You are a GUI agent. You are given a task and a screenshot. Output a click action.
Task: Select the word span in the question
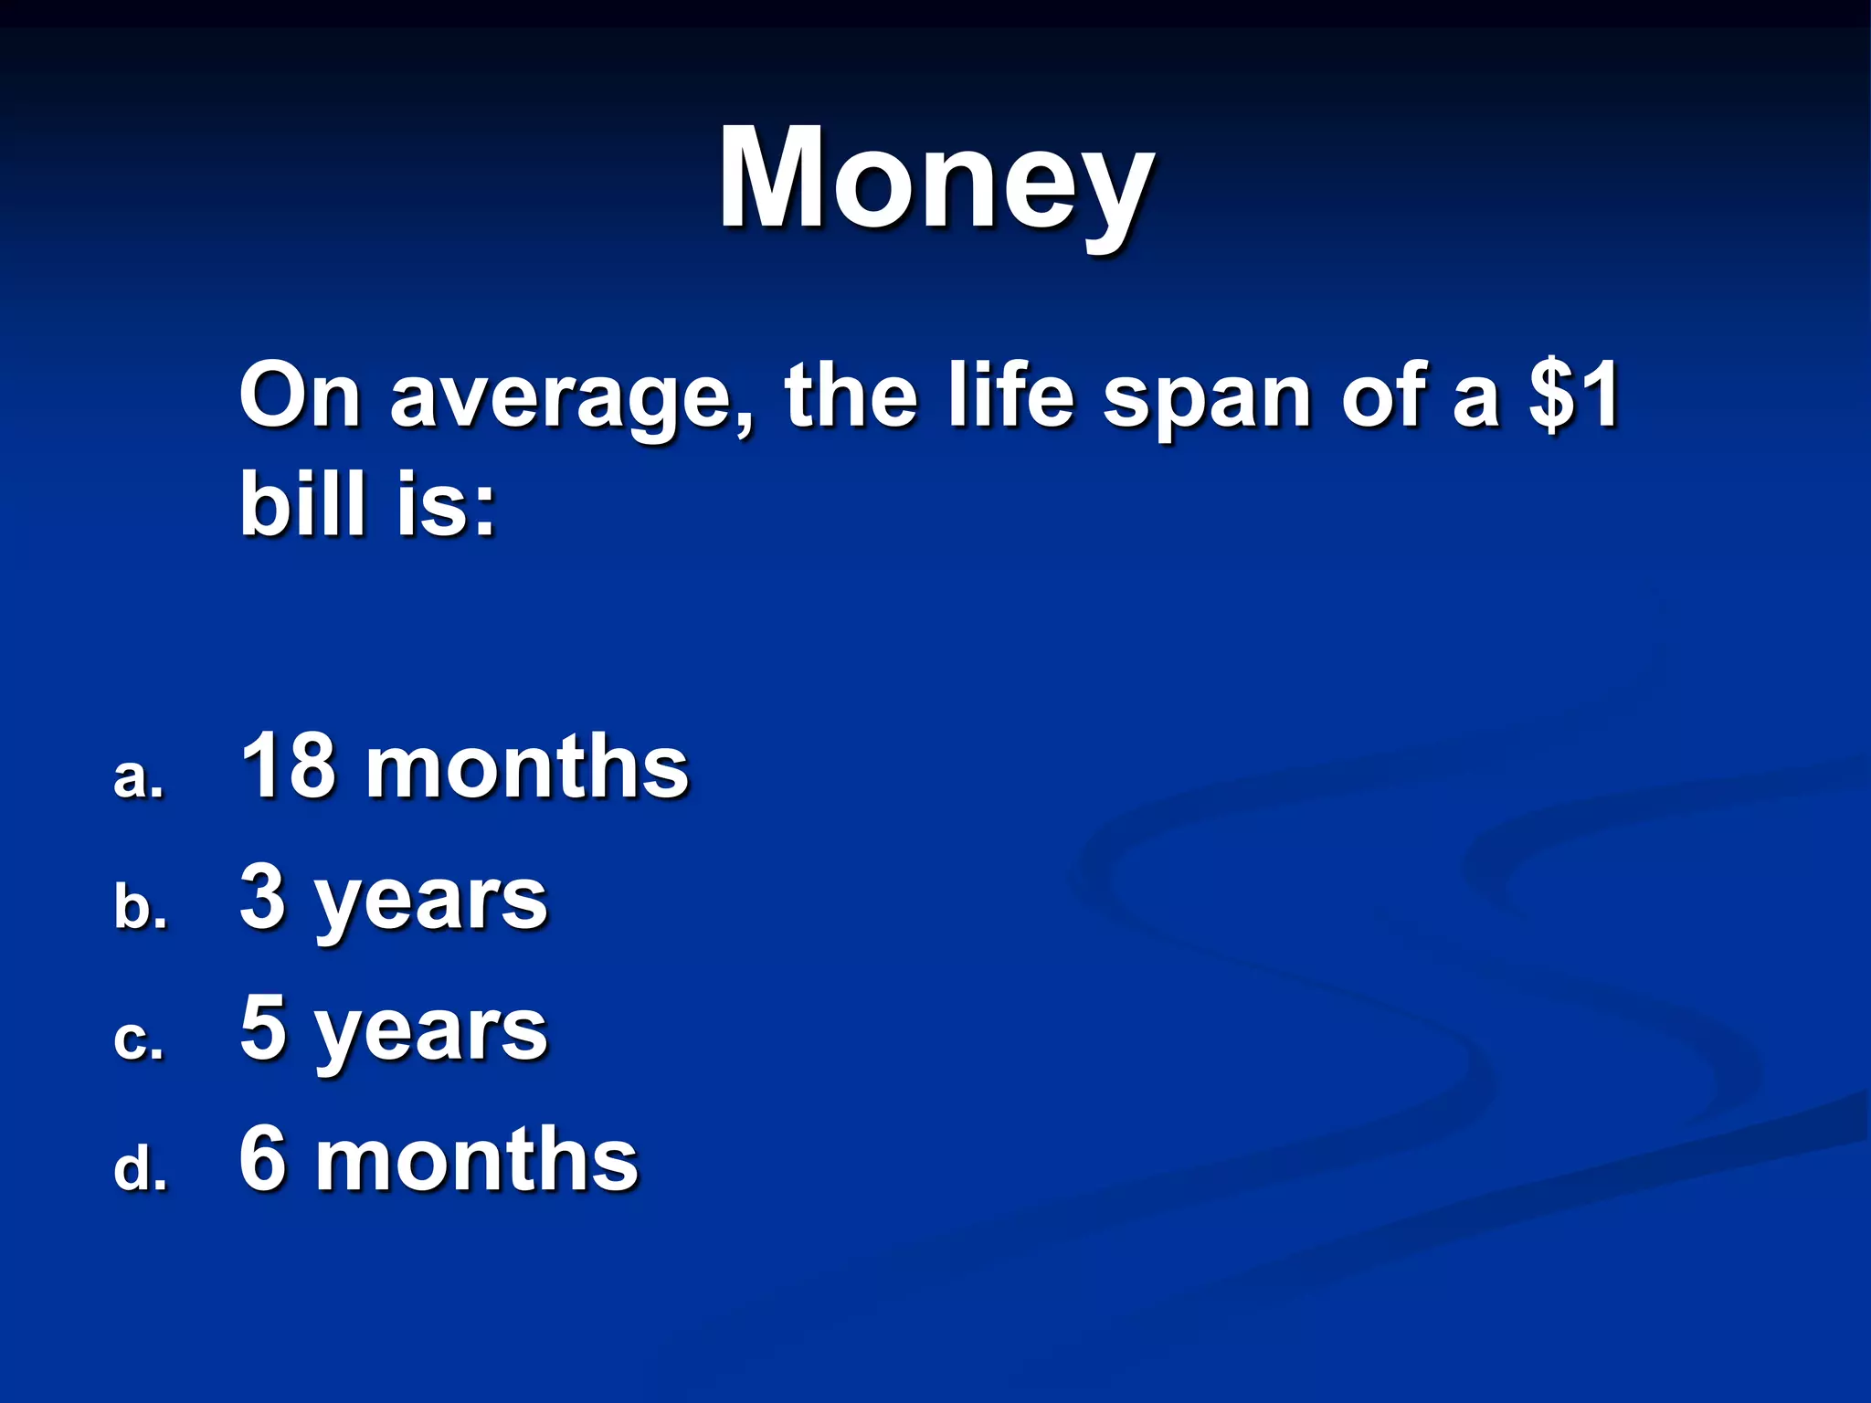coord(1206,398)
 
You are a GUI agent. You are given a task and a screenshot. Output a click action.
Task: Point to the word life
coord(1009,395)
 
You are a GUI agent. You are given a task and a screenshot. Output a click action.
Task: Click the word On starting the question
coord(300,395)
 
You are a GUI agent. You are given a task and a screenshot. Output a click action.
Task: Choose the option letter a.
coord(138,778)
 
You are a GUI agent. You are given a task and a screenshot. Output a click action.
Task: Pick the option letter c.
coord(138,1039)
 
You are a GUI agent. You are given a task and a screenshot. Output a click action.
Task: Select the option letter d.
coord(140,1169)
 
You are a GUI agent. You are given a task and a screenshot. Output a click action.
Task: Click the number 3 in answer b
coord(263,897)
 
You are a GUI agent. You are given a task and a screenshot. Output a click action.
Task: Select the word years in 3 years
coord(430,904)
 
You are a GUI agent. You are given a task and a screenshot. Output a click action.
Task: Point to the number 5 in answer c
coord(263,1028)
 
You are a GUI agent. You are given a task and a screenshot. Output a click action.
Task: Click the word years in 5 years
coord(430,1035)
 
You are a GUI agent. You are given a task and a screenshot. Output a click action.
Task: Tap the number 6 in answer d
coord(263,1158)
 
